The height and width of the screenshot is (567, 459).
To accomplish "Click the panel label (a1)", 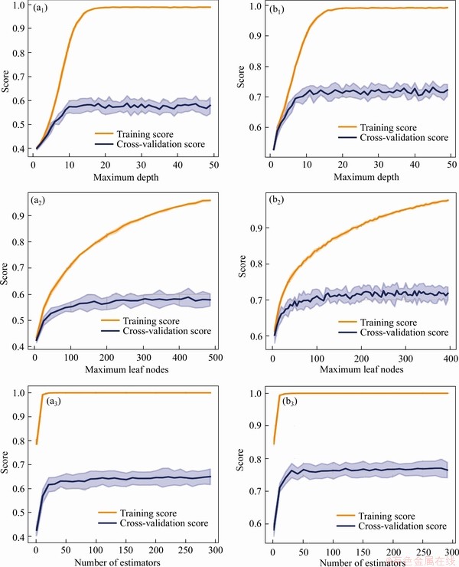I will [x=37, y=11].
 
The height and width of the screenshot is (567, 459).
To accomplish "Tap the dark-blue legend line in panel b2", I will [x=346, y=332].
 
